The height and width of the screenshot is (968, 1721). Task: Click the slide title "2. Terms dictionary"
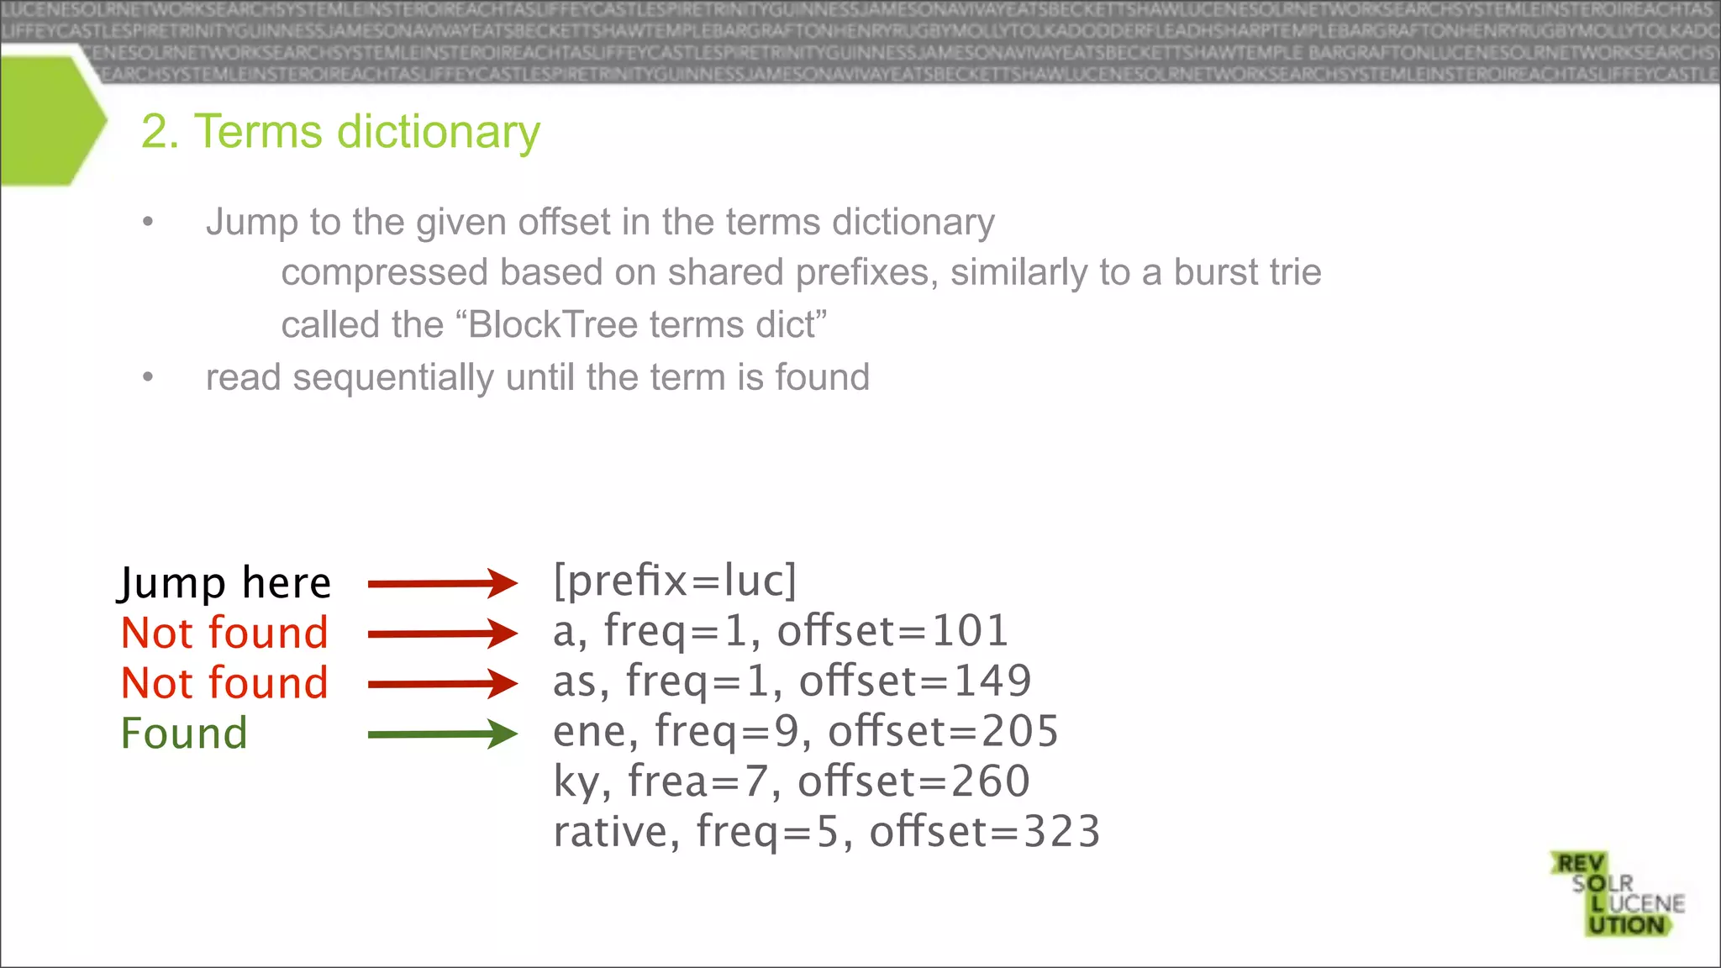pos(340,132)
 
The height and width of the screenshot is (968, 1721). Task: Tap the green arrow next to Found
pos(442,734)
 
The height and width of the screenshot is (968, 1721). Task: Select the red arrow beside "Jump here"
pos(442,583)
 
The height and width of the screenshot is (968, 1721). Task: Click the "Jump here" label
pos(224,583)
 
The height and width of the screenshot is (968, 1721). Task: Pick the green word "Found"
pos(184,734)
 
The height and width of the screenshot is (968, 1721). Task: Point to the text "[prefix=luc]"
pos(675,581)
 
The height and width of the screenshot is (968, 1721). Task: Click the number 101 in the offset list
pos(971,631)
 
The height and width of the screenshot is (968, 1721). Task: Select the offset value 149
pos(992,681)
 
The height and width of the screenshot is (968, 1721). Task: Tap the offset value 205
pos(1020,732)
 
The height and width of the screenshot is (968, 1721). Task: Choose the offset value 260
pos(991,781)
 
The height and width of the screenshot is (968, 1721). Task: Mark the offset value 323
pos(1062,832)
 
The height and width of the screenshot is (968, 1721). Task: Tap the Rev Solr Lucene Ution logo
pos(1618,894)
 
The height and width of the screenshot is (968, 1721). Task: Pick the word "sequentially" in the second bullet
pos(393,377)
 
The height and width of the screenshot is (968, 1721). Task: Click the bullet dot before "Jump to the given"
pos(148,223)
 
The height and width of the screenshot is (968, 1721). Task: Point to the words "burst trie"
pos(1247,272)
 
